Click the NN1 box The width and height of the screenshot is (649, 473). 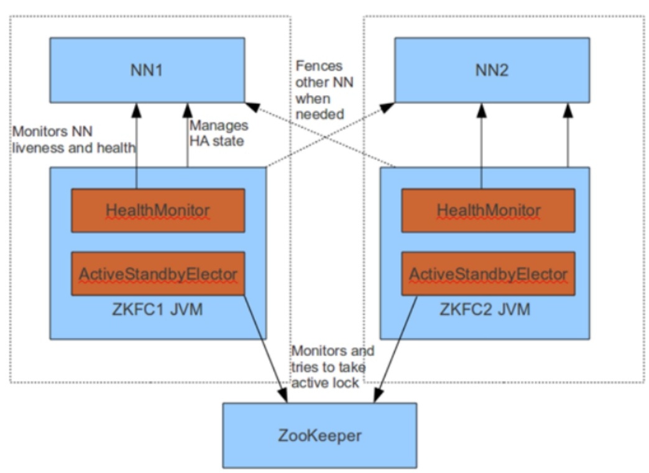(x=147, y=70)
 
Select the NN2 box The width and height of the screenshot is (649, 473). (x=492, y=70)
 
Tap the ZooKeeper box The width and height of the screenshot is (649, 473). (x=320, y=435)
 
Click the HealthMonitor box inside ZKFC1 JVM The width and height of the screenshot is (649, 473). (x=158, y=210)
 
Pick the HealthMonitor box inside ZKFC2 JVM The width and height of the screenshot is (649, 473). (x=489, y=210)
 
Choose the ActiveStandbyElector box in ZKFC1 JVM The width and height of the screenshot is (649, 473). (x=158, y=273)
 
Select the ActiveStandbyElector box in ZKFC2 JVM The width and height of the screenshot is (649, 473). (x=489, y=273)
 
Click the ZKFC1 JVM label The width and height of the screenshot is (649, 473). (x=157, y=310)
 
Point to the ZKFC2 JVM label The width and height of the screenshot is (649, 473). (x=485, y=310)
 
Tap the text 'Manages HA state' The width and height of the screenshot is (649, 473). (x=219, y=133)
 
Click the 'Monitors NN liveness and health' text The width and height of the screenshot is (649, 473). (x=74, y=139)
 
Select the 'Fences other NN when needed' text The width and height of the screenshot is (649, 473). (x=324, y=90)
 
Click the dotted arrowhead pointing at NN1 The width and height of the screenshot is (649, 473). (x=252, y=107)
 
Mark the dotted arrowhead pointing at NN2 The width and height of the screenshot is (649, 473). (x=387, y=107)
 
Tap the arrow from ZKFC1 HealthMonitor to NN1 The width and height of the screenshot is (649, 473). (x=136, y=145)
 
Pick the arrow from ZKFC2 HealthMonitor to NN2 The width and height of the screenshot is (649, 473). (x=481, y=145)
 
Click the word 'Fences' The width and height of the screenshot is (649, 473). (x=319, y=67)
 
